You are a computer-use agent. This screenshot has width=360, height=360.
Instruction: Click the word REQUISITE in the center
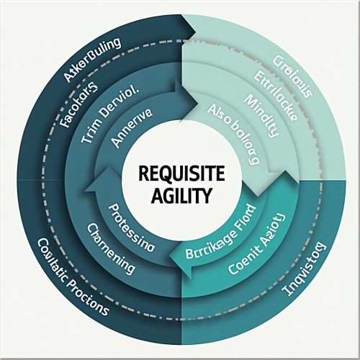pyautogui.click(x=180, y=174)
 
